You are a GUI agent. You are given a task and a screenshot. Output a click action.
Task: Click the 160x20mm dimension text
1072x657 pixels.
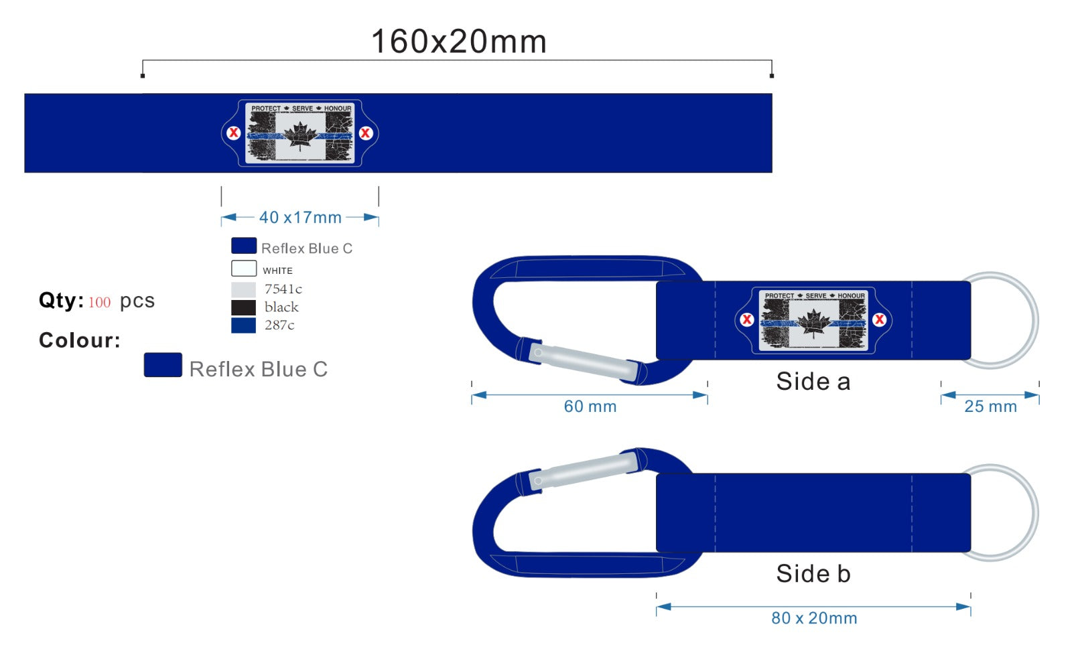coord(458,41)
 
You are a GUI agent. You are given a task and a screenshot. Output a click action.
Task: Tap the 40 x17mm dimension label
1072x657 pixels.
coord(301,218)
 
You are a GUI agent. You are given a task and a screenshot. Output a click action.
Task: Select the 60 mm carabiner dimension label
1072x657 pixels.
coord(590,407)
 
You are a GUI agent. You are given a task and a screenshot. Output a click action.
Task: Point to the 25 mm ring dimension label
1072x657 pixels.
coord(990,407)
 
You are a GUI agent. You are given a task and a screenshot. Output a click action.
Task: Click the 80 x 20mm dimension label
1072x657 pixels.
coord(814,617)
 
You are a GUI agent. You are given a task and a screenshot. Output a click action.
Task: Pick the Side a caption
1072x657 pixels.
coord(813,381)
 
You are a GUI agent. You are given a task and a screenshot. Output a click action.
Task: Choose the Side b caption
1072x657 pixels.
coord(813,573)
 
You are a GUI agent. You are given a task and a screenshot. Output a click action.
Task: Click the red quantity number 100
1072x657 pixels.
coord(100,303)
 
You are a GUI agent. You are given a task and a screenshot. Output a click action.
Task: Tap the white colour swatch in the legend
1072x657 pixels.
coord(244,269)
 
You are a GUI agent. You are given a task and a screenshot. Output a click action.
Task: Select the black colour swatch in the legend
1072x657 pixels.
coord(243,307)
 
